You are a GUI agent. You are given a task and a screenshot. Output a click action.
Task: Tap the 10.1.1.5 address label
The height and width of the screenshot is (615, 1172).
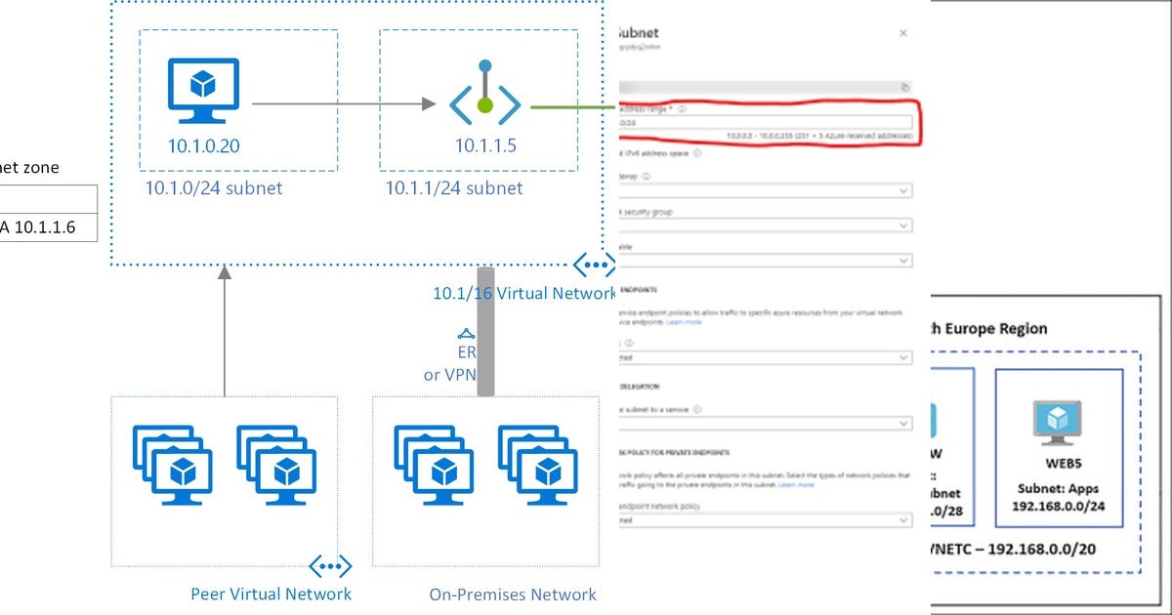point(484,146)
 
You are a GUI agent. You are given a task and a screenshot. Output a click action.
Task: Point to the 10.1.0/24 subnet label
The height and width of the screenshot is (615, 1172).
point(214,188)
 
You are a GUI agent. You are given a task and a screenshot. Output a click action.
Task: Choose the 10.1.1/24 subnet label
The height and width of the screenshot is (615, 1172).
point(454,188)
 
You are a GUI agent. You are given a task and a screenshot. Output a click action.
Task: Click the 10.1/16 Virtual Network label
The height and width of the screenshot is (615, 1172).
point(511,294)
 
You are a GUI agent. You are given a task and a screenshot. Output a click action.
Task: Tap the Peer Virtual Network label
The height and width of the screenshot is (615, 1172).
point(271,594)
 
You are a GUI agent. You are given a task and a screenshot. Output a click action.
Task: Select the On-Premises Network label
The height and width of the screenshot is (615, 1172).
point(513,594)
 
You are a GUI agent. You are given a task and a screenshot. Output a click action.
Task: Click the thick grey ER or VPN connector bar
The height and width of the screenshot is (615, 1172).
point(485,332)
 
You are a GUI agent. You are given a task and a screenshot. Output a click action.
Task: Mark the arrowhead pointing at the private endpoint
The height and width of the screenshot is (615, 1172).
point(428,102)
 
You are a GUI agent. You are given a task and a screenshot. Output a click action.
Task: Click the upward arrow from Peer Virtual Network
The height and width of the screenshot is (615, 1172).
point(225,332)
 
